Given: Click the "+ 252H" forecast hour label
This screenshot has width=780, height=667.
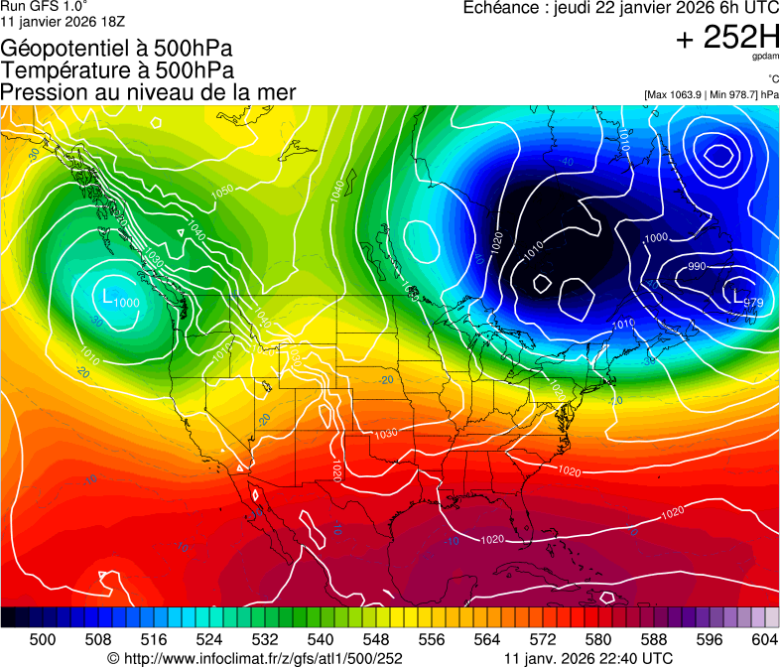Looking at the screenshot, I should tap(726, 39).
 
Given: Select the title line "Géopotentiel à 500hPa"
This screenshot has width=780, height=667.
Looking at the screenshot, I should tap(117, 48).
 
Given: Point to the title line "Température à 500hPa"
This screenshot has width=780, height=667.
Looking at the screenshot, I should tap(117, 69).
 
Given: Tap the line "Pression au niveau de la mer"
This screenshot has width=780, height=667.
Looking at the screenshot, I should tap(148, 91).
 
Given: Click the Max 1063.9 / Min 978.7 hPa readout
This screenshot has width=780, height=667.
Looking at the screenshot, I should tap(712, 94).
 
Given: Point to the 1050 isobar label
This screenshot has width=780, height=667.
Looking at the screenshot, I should tap(222, 190).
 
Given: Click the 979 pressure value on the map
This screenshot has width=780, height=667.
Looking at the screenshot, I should tap(753, 303).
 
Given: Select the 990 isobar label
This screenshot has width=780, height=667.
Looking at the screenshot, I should tap(697, 266).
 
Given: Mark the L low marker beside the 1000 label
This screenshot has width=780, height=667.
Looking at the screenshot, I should tap(107, 295).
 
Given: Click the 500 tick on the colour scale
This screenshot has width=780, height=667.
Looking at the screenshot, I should tap(43, 639).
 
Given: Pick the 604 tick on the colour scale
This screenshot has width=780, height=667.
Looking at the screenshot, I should tap(765, 639).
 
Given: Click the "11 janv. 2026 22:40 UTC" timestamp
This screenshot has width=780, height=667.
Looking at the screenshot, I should tap(588, 657).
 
